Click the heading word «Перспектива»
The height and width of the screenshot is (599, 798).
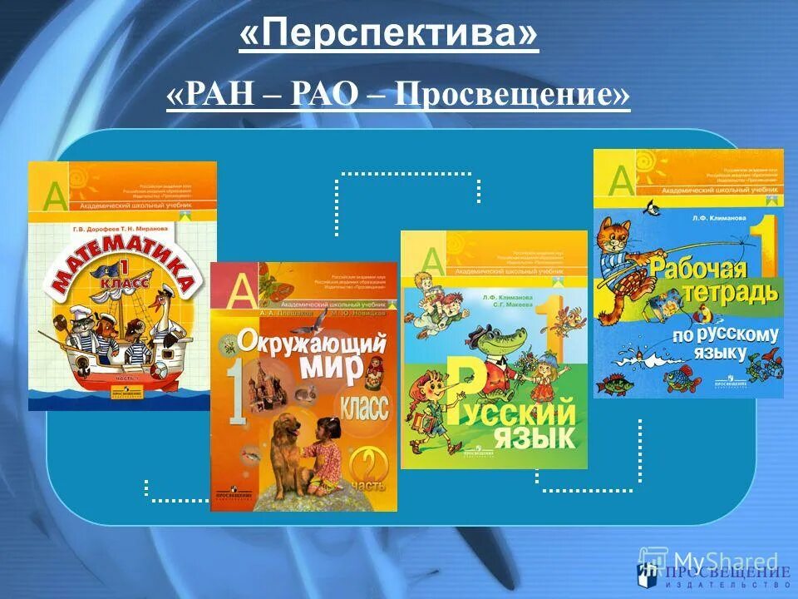(389, 37)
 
